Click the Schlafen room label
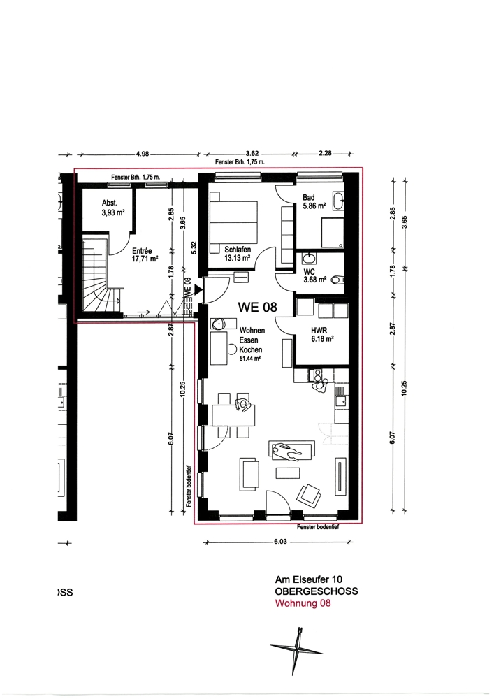click(x=238, y=253)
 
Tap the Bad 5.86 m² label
click(x=314, y=201)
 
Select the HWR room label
click(x=323, y=334)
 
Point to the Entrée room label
click(x=145, y=254)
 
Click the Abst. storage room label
click(x=113, y=208)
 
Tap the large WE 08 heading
click(x=257, y=307)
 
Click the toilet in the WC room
click(x=339, y=280)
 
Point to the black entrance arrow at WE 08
click(x=198, y=290)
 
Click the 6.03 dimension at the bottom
click(x=280, y=542)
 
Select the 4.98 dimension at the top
click(x=143, y=154)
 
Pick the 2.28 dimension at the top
click(x=325, y=153)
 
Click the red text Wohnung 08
click(x=303, y=604)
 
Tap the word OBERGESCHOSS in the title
click(x=317, y=591)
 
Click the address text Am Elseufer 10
click(x=309, y=579)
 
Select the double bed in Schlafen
click(x=234, y=222)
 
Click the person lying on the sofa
click(x=287, y=452)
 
